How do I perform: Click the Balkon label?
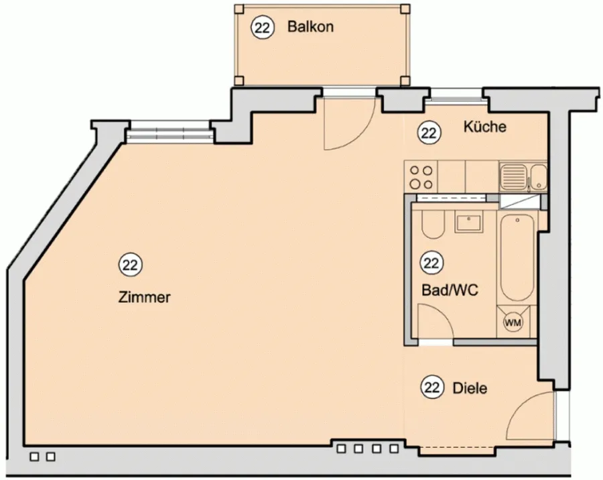pos(310,27)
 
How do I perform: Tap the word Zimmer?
pos(144,298)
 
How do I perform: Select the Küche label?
pos(485,127)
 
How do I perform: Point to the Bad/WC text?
pos(450,290)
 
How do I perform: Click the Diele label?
pos(470,388)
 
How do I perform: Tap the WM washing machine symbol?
pos(513,322)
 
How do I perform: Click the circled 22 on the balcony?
pos(262,27)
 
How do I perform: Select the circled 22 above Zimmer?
pos(131,265)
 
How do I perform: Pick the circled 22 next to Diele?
pos(431,387)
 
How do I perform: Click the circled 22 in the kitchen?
pos(429,133)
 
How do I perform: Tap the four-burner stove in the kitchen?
pos(421,177)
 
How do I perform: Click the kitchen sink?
pos(523,176)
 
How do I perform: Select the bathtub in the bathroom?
pos(517,257)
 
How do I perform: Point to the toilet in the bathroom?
pos(433,225)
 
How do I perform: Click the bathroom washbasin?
pos(468,223)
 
